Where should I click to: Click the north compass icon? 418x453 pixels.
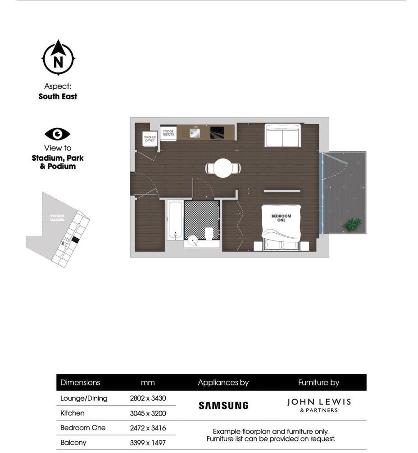click(x=58, y=58)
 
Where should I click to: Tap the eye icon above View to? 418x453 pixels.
click(x=58, y=134)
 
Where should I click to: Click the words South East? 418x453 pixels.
click(x=58, y=96)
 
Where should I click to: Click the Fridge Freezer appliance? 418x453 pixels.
click(x=168, y=133)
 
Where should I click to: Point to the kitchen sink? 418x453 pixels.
click(x=195, y=132)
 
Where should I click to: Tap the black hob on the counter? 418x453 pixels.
click(x=217, y=132)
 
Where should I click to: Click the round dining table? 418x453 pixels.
click(x=223, y=168)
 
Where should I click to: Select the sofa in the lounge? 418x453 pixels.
click(x=282, y=135)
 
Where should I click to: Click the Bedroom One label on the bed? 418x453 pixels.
click(x=281, y=218)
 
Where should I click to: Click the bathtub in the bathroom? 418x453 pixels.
click(x=174, y=221)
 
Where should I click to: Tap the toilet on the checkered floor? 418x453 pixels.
click(x=209, y=233)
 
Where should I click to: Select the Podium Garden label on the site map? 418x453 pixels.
click(x=57, y=218)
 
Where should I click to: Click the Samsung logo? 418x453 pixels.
click(x=223, y=405)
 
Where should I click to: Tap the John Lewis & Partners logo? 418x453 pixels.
click(x=319, y=404)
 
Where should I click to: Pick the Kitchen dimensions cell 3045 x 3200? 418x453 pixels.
click(x=147, y=413)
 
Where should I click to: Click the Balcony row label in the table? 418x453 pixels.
click(x=73, y=443)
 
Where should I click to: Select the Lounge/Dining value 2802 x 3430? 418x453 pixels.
click(x=147, y=398)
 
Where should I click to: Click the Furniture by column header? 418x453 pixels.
click(x=318, y=383)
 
